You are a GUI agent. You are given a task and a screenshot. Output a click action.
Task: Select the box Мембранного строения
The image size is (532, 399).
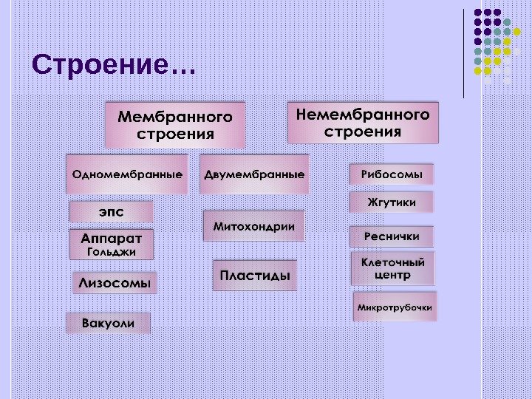175,125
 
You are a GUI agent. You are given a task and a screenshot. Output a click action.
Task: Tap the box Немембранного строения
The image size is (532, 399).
363,123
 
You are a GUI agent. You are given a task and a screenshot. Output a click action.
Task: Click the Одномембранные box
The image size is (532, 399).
127,175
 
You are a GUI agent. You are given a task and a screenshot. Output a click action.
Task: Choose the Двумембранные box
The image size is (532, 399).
254,175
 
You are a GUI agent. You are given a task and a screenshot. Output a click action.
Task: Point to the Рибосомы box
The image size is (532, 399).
392,175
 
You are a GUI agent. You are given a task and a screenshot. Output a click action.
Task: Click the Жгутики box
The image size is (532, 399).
392,202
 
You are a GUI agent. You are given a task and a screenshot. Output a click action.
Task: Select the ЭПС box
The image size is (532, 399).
112,211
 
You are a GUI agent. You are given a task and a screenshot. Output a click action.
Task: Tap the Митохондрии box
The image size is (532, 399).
253,226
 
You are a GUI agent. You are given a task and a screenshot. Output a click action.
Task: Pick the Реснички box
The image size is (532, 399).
392,236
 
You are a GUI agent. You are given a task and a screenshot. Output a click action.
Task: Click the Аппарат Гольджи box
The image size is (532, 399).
112,245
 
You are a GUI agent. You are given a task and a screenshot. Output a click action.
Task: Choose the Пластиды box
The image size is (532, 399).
255,275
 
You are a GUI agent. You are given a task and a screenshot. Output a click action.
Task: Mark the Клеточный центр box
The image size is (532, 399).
392,268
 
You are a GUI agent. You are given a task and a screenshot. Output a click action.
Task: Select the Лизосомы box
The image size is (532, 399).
115,282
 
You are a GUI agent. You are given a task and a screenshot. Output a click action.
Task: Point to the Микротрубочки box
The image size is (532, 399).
395,306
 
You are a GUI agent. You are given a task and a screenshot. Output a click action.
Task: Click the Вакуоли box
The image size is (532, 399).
108,324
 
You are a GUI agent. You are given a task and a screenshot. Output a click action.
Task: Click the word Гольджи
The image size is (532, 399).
112,253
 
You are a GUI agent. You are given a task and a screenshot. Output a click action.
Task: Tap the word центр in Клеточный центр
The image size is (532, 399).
392,276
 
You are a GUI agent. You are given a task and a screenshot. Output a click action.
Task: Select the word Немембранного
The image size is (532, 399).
363,115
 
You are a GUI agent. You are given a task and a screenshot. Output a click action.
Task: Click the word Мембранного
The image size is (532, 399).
175,117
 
